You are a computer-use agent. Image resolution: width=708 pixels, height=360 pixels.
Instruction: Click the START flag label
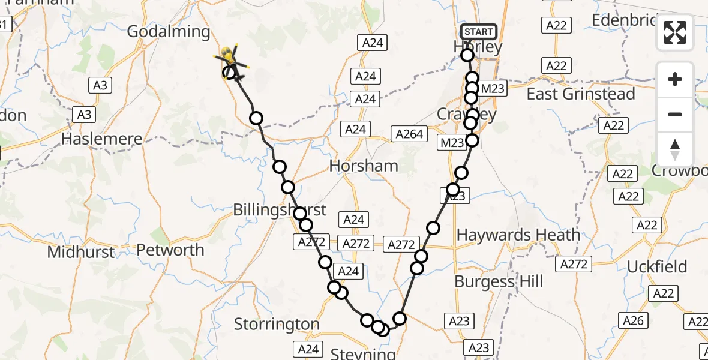(478, 31)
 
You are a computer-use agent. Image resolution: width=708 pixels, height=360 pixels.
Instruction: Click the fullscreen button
(675, 32)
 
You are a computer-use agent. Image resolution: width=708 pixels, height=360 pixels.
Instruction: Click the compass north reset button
(675, 149)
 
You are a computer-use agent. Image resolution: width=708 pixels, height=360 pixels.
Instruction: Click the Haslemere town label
(102, 139)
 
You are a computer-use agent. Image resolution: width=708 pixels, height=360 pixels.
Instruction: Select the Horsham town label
(364, 166)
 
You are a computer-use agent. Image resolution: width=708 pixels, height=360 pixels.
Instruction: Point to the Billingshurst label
(280, 209)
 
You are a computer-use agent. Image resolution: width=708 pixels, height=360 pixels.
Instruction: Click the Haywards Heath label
(518, 235)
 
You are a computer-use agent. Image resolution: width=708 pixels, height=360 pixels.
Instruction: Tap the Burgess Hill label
(499, 281)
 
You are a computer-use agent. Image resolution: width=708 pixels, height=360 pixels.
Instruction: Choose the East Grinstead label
(580, 94)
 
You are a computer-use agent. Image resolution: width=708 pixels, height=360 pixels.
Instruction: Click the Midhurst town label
(80, 252)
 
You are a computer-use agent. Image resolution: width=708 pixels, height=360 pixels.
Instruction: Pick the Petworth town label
(170, 250)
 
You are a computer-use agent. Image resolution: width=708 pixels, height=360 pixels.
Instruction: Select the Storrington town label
(277, 325)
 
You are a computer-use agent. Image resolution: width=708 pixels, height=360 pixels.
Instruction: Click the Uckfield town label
(657, 266)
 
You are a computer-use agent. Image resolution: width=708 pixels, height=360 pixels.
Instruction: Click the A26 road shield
(633, 321)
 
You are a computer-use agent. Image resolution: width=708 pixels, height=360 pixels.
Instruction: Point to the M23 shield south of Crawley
(452, 143)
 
